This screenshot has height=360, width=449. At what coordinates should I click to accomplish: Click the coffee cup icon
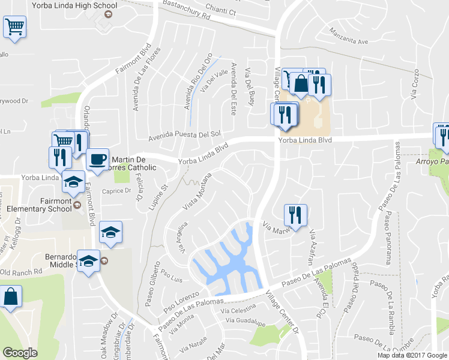(x=97, y=160)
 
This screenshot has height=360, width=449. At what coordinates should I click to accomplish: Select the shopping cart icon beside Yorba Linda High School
(x=15, y=26)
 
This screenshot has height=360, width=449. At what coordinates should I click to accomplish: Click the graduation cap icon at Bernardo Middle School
(x=89, y=262)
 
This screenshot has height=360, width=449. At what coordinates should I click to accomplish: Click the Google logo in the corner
(x=20, y=353)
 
